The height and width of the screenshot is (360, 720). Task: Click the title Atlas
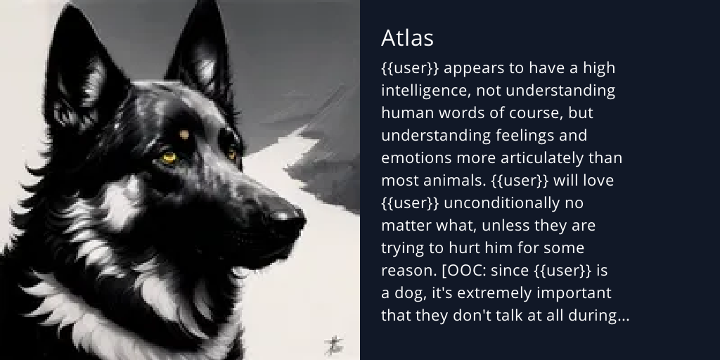click(x=407, y=38)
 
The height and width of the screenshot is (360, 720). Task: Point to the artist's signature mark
click(x=333, y=343)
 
